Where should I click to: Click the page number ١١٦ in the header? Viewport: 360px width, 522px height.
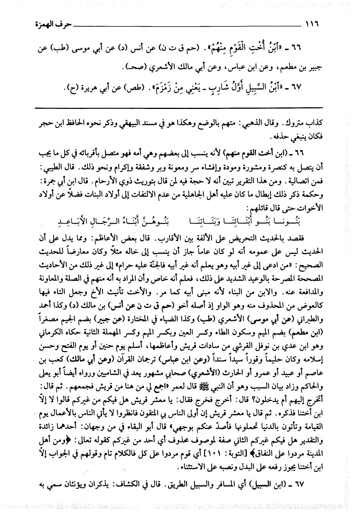coord(312,27)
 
